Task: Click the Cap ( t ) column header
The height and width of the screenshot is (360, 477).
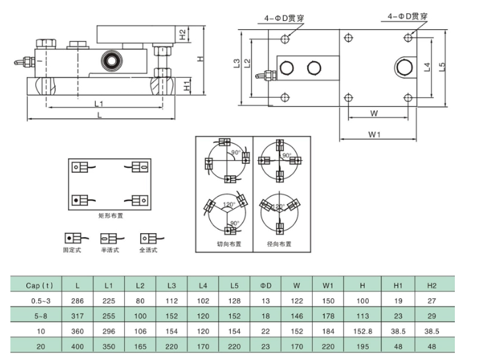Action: click(x=39, y=285)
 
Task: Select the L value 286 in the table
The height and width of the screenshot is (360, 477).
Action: click(x=78, y=300)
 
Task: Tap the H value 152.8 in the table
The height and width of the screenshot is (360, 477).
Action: click(x=363, y=332)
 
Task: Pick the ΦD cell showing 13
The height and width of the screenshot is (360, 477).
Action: click(x=266, y=300)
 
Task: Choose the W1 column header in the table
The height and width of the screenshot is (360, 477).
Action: click(x=329, y=285)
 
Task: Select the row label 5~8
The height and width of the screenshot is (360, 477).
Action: click(x=39, y=316)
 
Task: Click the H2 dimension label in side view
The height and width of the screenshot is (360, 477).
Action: click(x=182, y=33)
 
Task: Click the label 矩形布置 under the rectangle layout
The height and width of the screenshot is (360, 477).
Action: click(x=111, y=216)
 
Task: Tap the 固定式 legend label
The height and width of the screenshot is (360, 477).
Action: click(x=72, y=250)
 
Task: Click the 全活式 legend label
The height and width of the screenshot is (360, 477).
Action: click(x=148, y=250)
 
